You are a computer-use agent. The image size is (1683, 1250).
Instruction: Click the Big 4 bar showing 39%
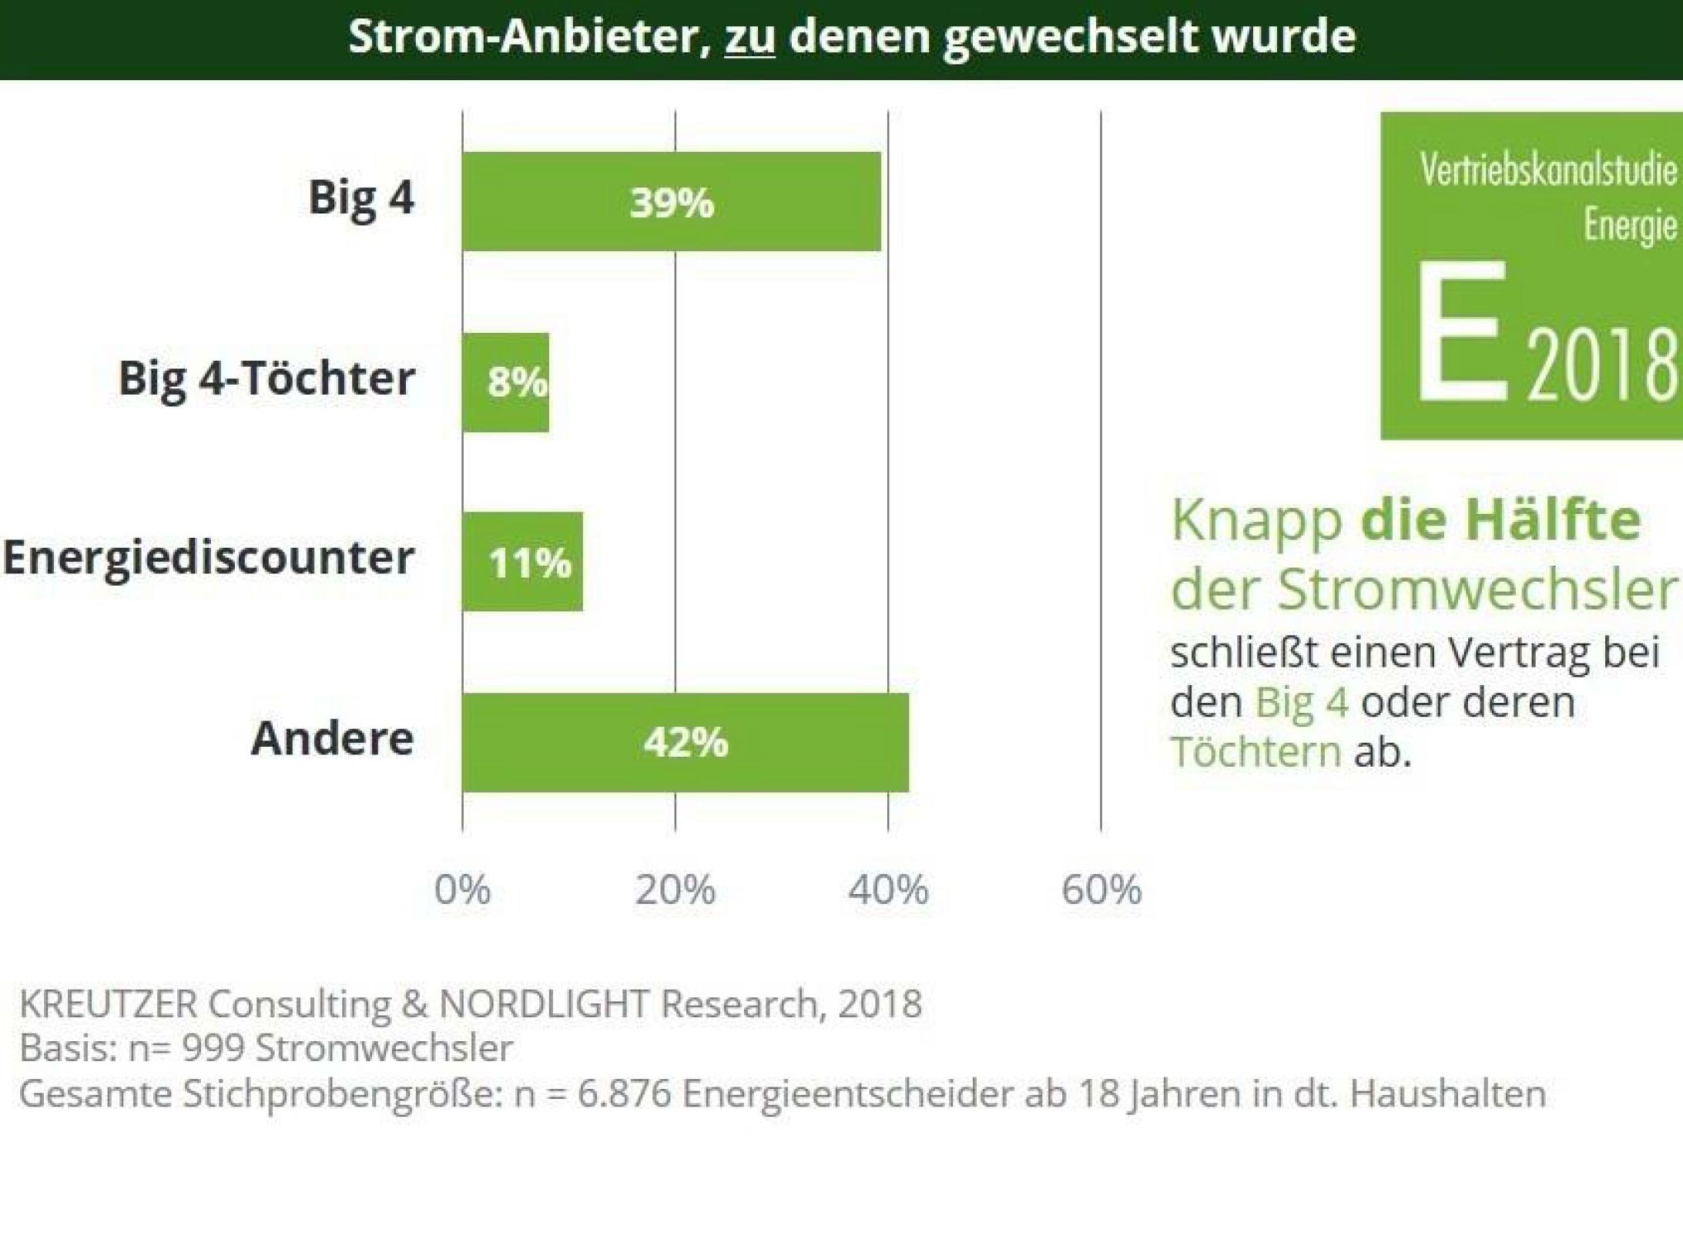tap(671, 202)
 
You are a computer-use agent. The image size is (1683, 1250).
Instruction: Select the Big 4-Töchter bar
tap(506, 382)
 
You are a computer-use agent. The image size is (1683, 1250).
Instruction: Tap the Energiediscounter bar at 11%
tap(523, 562)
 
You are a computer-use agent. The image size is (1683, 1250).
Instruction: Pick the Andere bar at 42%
tap(686, 742)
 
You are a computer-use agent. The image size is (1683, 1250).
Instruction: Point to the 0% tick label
tap(462, 890)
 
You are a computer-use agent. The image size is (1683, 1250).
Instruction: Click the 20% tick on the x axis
tap(676, 890)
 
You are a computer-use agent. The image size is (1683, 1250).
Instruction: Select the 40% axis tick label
tap(888, 890)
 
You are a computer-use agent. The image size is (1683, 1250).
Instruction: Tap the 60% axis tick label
tap(1101, 890)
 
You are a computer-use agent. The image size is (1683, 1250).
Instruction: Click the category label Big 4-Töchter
tap(267, 378)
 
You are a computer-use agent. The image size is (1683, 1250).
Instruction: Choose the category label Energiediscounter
tap(208, 557)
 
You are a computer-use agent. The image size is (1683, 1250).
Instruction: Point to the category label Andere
tap(333, 738)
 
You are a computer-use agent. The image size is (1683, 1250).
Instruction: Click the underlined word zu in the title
tap(749, 37)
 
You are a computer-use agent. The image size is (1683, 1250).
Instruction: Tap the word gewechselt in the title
tap(1070, 37)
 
